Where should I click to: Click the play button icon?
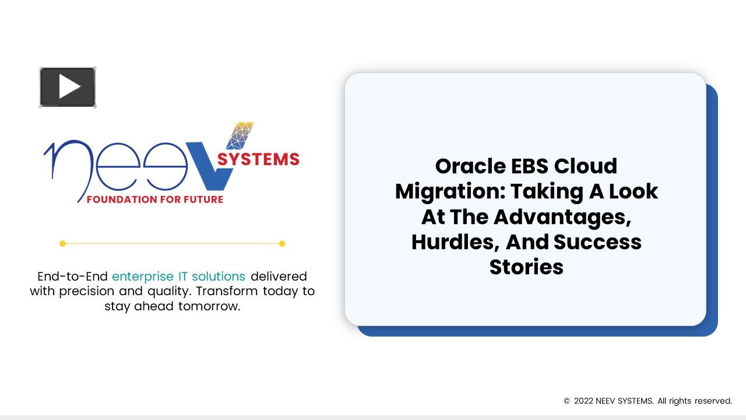68,87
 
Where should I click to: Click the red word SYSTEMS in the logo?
258,159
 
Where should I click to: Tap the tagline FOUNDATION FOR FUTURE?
154,199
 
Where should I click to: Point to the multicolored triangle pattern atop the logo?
240,135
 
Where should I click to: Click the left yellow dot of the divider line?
62,244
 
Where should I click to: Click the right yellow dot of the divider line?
282,244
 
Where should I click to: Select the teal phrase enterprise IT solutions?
178,276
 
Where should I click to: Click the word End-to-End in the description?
72,276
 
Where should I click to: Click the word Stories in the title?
526,267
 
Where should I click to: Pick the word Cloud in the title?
585,166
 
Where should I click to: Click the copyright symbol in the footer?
566,401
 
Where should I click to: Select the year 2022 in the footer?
583,401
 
